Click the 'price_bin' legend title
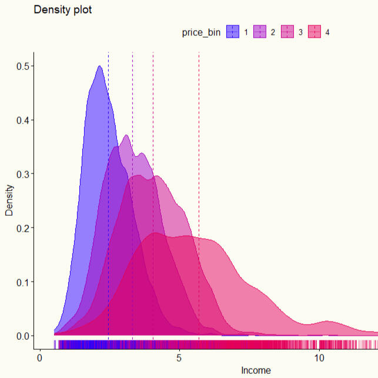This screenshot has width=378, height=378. click(201, 32)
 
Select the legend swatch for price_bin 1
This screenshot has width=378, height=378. click(233, 32)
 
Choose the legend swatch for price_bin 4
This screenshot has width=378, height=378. click(315, 32)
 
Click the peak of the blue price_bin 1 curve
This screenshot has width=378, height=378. click(99, 66)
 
